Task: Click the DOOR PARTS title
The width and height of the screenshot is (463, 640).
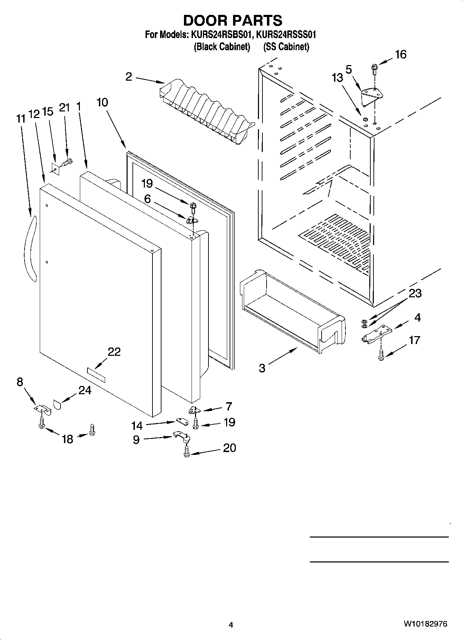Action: pos(232,20)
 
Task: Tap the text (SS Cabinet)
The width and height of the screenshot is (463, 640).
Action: pos(286,47)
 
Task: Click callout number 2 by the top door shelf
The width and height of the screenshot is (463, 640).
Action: pos(129,76)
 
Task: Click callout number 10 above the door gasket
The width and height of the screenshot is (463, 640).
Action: pos(102,102)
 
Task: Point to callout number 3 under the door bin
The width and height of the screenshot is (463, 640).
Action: pos(262,368)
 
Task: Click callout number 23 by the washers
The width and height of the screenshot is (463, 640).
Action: pos(415,294)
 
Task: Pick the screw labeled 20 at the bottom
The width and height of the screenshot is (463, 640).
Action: pos(187,451)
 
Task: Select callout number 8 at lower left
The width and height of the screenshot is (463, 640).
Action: pos(20,382)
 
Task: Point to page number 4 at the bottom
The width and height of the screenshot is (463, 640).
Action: pos(231,625)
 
